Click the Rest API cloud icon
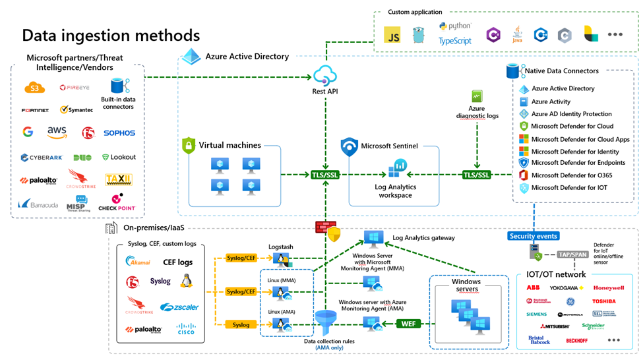coord(326,75)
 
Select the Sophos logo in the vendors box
coord(119,133)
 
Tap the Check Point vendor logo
coord(117,202)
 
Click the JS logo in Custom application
coord(393,37)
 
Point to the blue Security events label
coord(534,235)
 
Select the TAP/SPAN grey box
coord(572,253)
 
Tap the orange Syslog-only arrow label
coord(241,324)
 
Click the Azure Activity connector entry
coord(551,102)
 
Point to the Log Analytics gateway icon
coord(374,237)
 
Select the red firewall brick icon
coord(323,227)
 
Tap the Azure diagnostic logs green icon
coord(476,96)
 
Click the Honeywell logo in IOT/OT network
coord(608,288)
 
